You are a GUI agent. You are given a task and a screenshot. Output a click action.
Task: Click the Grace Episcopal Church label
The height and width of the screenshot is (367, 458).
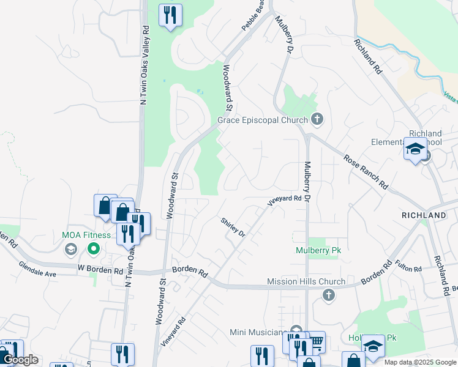coord(263,120)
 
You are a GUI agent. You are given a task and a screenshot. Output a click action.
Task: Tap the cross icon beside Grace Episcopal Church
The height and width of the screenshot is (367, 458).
coord(317,118)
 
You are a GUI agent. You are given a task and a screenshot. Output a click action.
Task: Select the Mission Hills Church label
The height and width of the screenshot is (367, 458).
coord(306,282)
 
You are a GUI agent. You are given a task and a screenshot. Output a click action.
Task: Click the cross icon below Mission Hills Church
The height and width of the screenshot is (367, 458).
coord(328,296)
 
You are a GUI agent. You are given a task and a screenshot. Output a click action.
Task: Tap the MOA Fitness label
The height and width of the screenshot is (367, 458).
coord(86,235)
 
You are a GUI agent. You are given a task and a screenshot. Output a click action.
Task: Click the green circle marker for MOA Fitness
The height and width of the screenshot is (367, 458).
coord(94,248)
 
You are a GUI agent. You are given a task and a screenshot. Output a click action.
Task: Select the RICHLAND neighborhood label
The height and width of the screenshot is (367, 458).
coord(424,216)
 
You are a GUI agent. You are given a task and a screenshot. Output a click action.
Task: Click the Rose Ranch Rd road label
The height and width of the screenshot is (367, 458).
coord(366,171)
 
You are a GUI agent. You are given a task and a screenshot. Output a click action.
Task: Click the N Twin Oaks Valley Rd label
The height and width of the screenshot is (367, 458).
coord(145,65)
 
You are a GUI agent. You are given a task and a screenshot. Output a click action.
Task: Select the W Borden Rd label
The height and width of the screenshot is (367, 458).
coord(100,270)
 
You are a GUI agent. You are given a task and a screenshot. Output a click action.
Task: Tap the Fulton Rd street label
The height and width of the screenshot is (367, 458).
coord(408,265)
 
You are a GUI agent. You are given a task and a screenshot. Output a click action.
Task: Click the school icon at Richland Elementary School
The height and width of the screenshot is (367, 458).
coord(415,149)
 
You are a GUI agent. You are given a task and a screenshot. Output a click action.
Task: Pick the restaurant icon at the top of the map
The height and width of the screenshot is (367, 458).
coord(171,14)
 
